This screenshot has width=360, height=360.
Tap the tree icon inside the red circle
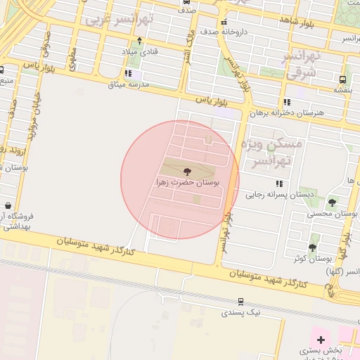pos(187,171)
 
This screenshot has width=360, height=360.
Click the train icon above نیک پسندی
pos(241,300)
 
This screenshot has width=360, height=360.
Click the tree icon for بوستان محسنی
pos(332,202)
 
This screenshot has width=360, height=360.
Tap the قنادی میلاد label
pos(141,52)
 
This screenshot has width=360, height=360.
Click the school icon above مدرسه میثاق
pos(128,73)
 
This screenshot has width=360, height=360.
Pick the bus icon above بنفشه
pos(342,79)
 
